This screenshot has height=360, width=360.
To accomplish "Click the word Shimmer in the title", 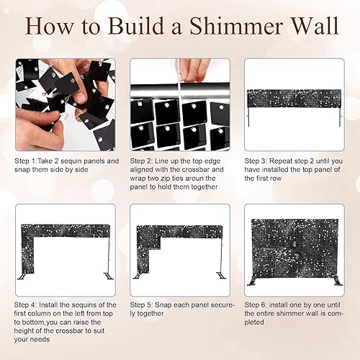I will [x=237, y=27].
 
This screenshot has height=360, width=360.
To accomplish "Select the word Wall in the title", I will [x=314, y=27].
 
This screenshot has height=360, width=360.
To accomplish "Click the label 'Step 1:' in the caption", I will [x=27, y=161].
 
